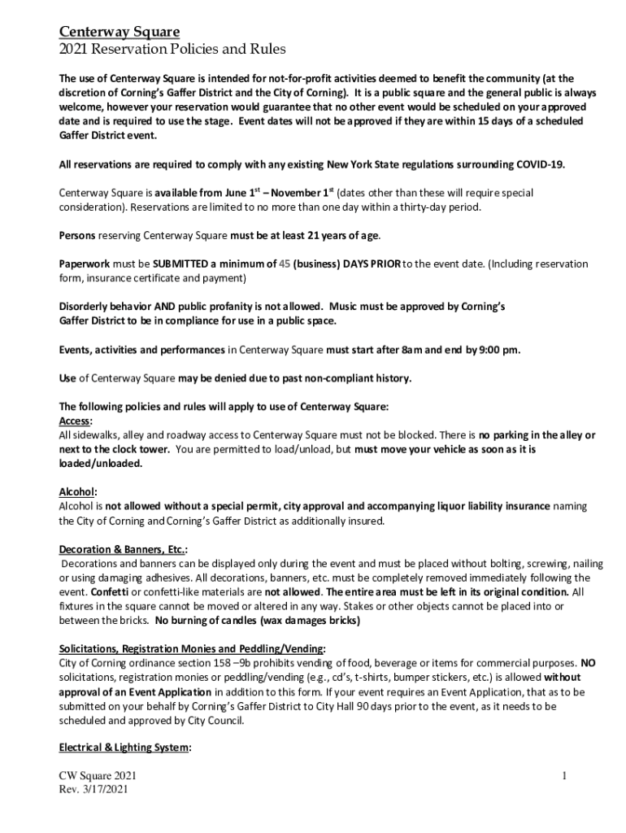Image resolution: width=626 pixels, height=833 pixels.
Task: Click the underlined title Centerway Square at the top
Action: (120, 32)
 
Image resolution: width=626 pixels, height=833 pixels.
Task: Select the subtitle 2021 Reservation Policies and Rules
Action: (172, 50)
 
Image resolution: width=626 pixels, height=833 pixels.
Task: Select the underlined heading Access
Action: (75, 421)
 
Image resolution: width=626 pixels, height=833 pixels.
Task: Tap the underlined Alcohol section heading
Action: (78, 491)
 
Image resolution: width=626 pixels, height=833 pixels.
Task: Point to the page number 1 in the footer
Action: (563, 776)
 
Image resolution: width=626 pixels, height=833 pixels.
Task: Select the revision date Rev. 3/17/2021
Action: (93, 790)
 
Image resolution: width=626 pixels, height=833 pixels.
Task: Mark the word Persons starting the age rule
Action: (77, 235)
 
